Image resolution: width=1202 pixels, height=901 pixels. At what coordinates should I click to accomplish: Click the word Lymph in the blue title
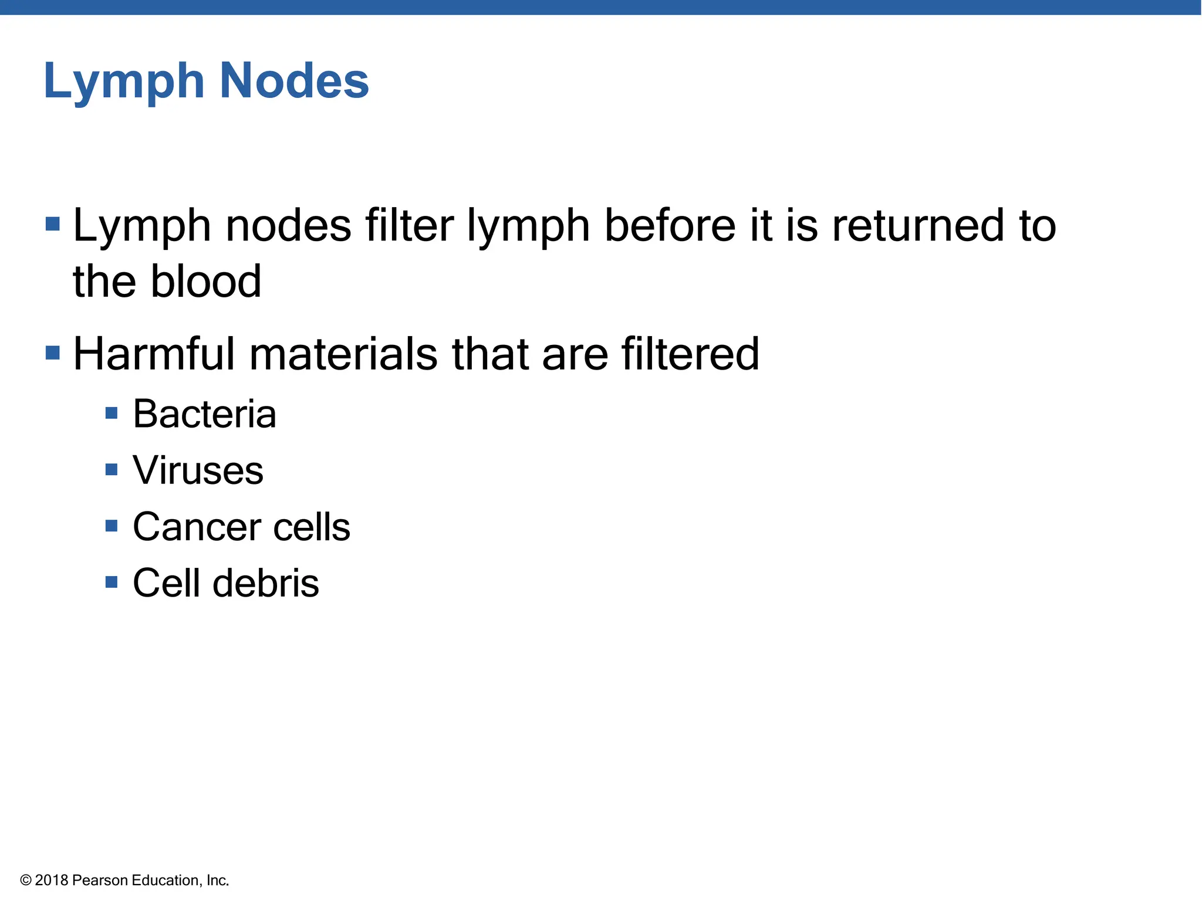pos(124,82)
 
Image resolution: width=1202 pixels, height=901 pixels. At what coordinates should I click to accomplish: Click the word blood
pos(205,282)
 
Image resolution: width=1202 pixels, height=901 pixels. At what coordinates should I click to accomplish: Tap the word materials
pos(343,354)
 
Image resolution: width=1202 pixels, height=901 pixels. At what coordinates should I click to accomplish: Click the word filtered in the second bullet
pos(690,354)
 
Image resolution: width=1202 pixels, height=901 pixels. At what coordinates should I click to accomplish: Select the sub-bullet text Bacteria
pos(204,414)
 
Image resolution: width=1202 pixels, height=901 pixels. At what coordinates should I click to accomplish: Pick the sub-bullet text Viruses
pos(198,470)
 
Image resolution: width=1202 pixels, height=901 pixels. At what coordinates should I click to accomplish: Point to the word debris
pos(265,582)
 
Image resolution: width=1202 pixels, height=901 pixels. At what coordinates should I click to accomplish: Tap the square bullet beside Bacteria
pos(112,414)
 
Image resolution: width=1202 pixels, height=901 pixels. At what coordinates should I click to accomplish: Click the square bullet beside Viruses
pos(112,469)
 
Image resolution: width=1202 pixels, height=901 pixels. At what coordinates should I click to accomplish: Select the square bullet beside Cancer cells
pos(112,526)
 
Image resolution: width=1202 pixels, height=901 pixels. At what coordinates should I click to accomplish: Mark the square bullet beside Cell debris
pos(112,582)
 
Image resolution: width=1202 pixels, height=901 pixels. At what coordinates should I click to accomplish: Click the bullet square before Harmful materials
pos(53,353)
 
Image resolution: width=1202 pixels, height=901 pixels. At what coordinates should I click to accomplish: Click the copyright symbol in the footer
pos(26,880)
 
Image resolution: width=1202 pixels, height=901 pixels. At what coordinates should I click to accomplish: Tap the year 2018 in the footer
pos(52,880)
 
